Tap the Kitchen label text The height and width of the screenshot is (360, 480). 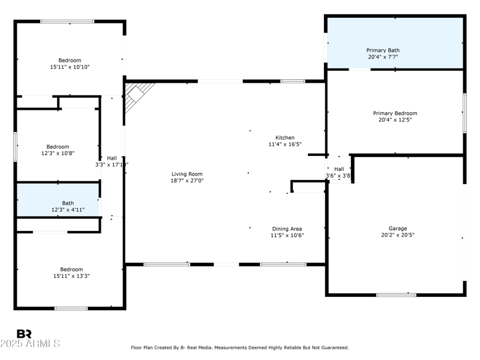285,137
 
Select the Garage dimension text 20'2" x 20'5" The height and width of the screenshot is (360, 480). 398,235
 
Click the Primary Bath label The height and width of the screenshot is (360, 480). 383,50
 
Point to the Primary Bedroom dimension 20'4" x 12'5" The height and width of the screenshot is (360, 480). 395,120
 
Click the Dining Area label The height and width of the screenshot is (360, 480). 287,229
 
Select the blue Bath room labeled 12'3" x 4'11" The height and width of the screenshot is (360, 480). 58,200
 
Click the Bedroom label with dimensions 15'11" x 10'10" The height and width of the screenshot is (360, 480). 70,60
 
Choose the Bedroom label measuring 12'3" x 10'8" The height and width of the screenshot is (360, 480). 58,147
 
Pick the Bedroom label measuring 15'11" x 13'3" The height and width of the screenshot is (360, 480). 71,269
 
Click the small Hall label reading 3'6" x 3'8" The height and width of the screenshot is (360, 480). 339,169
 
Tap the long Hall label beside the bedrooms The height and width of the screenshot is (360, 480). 112,158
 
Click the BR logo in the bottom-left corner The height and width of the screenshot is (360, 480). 24,334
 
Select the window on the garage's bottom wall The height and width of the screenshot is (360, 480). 396,295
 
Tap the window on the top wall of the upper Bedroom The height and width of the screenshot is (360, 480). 67,22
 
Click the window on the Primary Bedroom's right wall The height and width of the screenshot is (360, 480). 464,113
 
